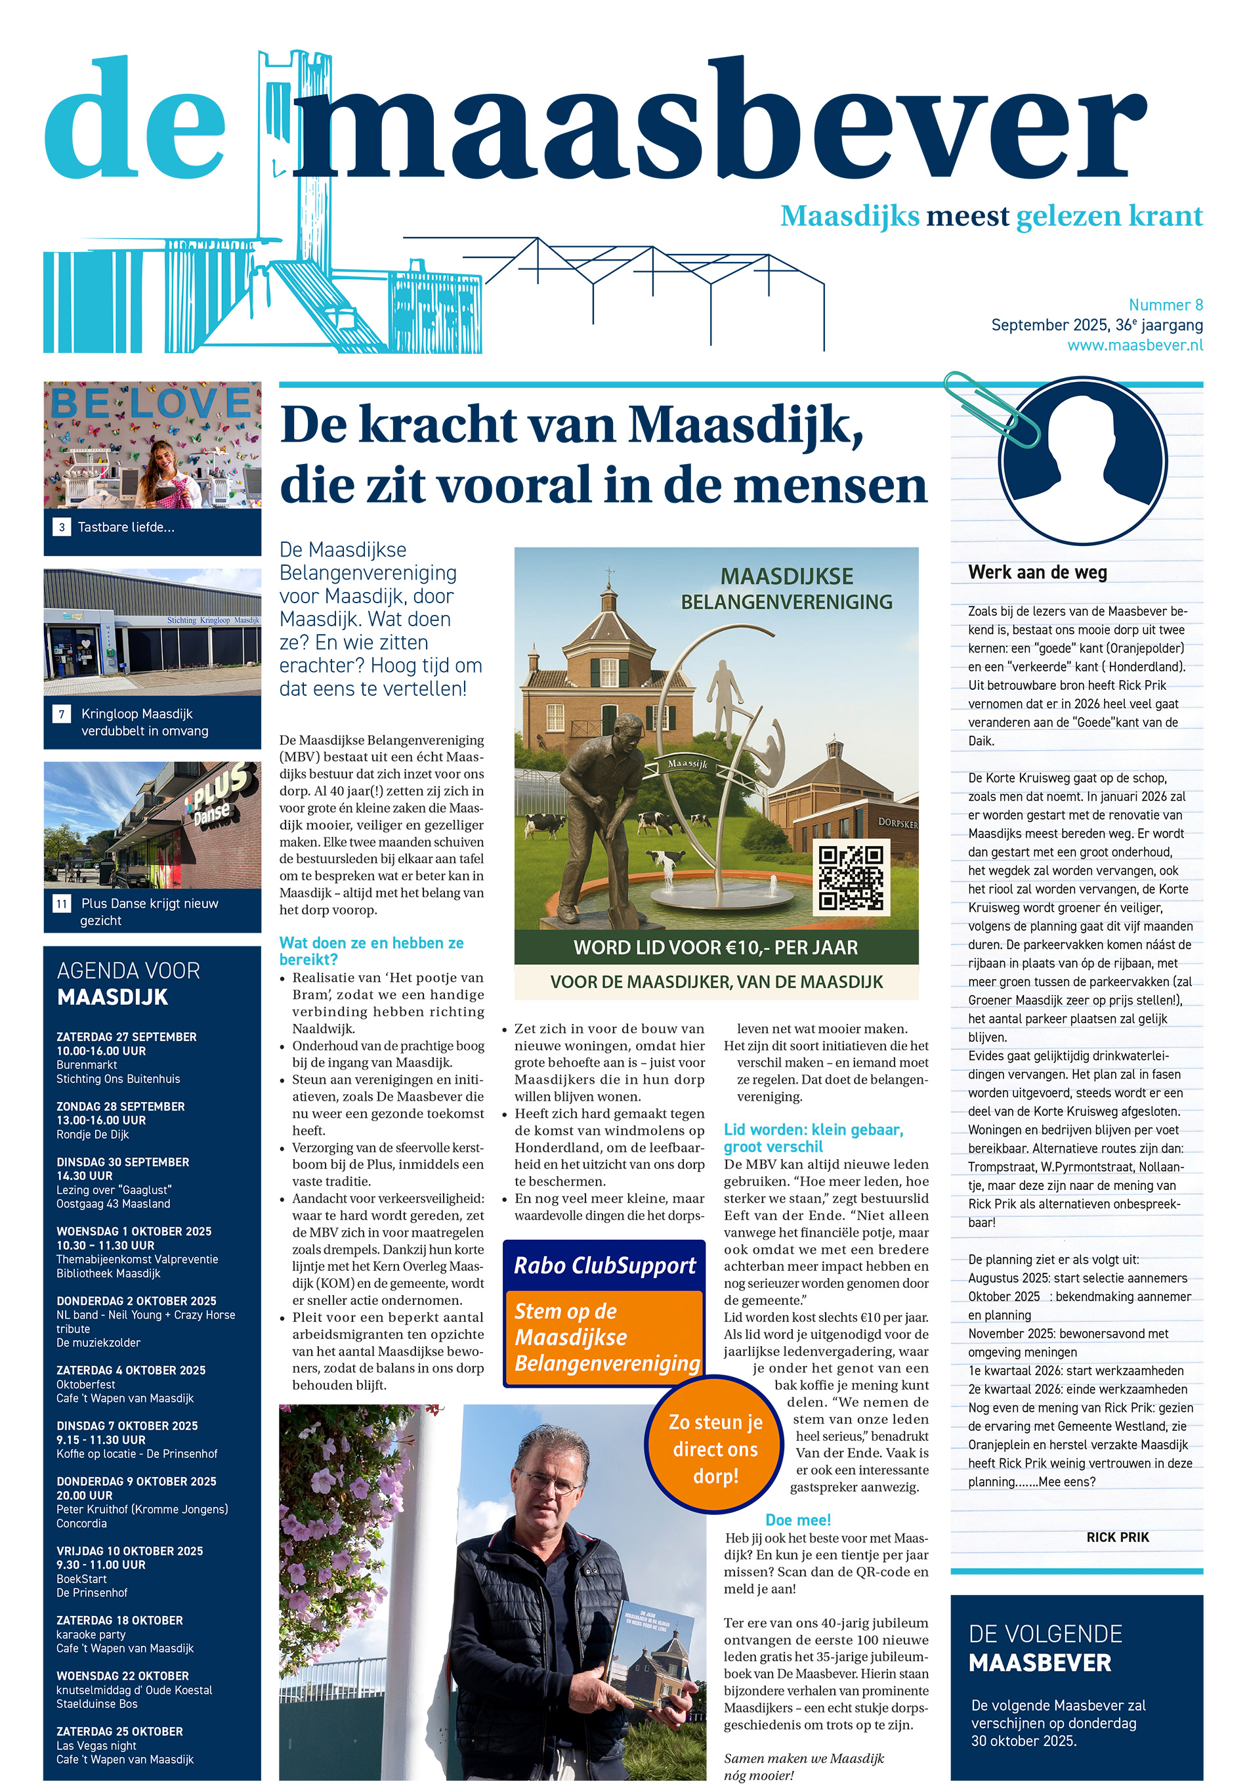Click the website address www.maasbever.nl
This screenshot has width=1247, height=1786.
point(1134,345)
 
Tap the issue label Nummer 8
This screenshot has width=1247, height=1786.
point(1166,305)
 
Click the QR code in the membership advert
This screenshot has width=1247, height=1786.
point(851,877)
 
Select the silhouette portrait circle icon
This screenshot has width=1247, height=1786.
point(1082,461)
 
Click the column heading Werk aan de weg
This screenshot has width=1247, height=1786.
point(1037,572)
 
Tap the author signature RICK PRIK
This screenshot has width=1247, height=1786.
point(1117,1537)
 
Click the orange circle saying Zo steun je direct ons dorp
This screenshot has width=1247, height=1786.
point(715,1449)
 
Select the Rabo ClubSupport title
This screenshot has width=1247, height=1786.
point(604,1265)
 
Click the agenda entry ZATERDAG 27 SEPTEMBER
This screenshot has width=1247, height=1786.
point(126,1037)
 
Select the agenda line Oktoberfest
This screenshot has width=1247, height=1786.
point(85,1384)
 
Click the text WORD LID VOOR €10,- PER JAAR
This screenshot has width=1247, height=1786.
point(715,947)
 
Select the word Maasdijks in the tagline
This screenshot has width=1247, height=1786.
point(849,216)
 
